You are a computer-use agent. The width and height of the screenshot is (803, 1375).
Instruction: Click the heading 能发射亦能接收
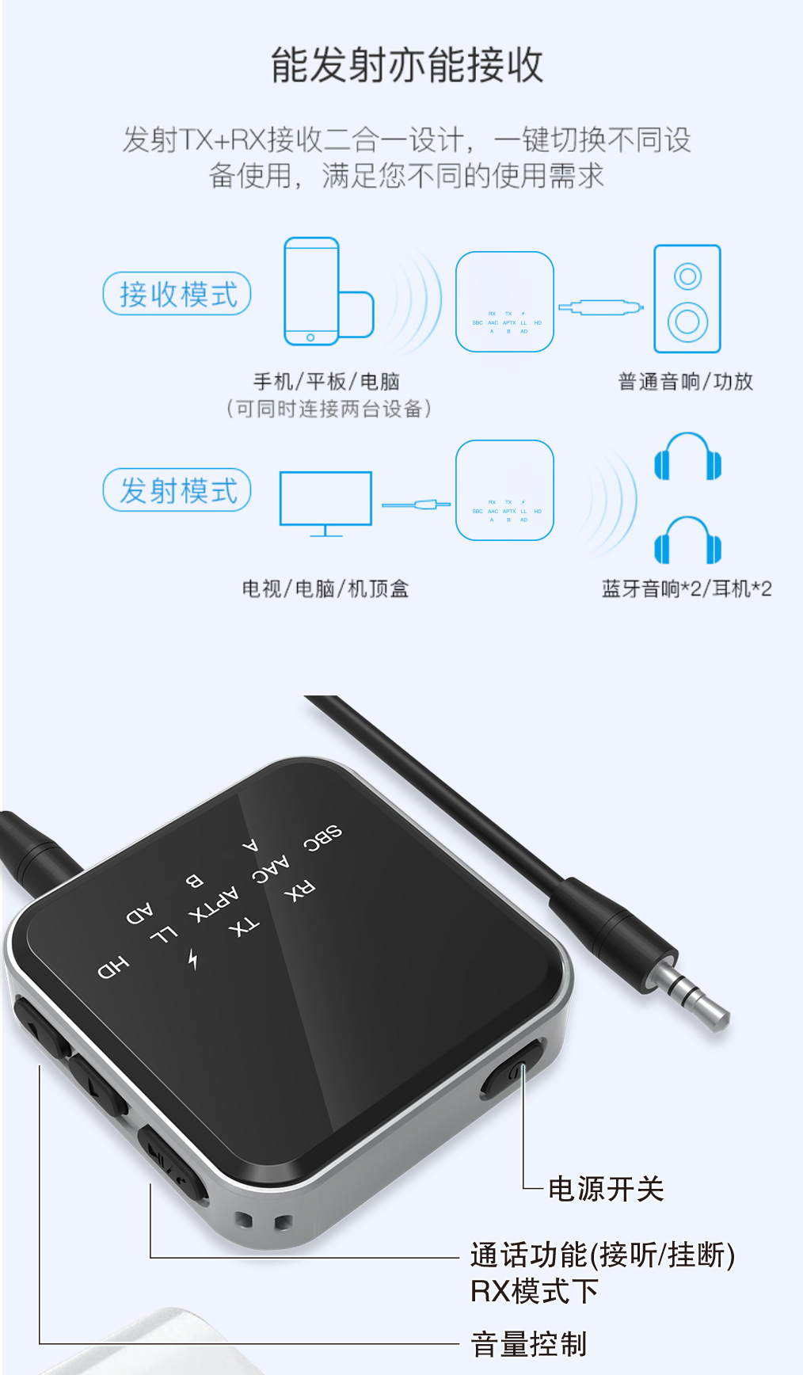pyautogui.click(x=407, y=65)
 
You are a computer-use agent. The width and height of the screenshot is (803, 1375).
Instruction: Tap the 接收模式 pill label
pyautogui.click(x=177, y=294)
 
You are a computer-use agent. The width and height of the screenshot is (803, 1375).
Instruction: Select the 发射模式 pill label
pyautogui.click(x=177, y=490)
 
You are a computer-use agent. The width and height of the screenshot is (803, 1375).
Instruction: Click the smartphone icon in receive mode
pyautogui.click(x=312, y=291)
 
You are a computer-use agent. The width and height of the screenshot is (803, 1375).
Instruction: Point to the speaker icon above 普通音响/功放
pyautogui.click(x=687, y=299)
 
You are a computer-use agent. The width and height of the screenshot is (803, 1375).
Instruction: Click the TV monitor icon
pyautogui.click(x=325, y=501)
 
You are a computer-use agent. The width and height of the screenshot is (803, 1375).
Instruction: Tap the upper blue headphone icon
pyautogui.click(x=687, y=457)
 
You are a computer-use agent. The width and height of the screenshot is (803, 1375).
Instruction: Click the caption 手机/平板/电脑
pyautogui.click(x=326, y=382)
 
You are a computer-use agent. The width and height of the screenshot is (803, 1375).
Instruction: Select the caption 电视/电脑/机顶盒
pyautogui.click(x=325, y=588)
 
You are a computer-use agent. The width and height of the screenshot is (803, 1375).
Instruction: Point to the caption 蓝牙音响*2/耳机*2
pyautogui.click(x=686, y=588)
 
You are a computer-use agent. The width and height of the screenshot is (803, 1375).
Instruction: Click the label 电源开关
pyautogui.click(x=606, y=1189)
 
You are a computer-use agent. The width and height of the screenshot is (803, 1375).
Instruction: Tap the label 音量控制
pyautogui.click(x=529, y=1344)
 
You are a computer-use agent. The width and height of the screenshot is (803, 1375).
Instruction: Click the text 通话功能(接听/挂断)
pyautogui.click(x=603, y=1255)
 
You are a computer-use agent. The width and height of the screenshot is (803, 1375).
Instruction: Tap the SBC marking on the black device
pyautogui.click(x=323, y=837)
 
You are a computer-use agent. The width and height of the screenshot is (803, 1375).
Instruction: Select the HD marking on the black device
pyautogui.click(x=113, y=966)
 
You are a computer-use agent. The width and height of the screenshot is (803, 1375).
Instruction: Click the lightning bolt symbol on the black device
pyautogui.click(x=193, y=958)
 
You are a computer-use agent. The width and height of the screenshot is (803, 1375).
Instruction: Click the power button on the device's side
pyautogui.click(x=511, y=1074)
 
